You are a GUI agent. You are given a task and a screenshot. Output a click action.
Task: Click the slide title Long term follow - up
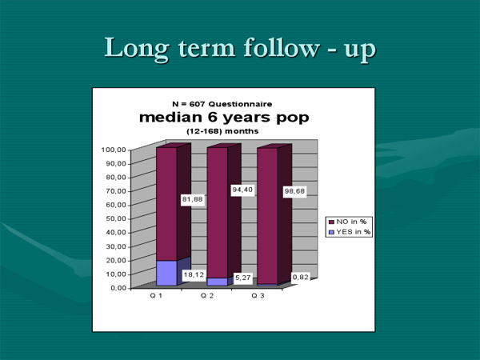[240, 49]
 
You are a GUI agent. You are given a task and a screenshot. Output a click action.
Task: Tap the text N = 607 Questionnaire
[222, 104]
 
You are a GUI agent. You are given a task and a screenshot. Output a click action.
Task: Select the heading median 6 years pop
[224, 118]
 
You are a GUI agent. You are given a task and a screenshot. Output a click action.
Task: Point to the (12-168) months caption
[222, 131]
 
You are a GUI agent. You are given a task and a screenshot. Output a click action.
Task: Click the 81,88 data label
[193, 199]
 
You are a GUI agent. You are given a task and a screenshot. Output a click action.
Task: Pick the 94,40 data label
[242, 190]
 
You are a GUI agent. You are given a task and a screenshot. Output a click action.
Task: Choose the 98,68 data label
[294, 191]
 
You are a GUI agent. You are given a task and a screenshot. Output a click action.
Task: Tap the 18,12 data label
[194, 275]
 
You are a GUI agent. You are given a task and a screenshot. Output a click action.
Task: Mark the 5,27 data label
[243, 278]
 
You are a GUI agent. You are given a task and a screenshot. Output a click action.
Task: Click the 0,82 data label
[300, 278]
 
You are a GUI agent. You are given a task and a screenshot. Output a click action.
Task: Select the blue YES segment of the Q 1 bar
[167, 273]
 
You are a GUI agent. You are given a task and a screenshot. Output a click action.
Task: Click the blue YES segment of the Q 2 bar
[218, 282]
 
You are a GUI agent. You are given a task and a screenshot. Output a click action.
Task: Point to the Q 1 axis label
[156, 296]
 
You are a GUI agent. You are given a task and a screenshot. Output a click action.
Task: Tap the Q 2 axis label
[207, 296]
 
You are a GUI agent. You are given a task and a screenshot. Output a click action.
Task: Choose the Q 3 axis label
[258, 296]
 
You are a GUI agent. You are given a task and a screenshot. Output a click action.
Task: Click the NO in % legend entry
[347, 222]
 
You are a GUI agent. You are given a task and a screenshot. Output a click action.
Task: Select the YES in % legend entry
[350, 232]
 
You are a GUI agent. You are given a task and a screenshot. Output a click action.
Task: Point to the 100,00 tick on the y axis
[114, 150]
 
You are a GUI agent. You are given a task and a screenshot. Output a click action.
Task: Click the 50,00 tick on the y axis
[116, 218]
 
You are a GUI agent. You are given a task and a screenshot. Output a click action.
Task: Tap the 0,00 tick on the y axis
[118, 288]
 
